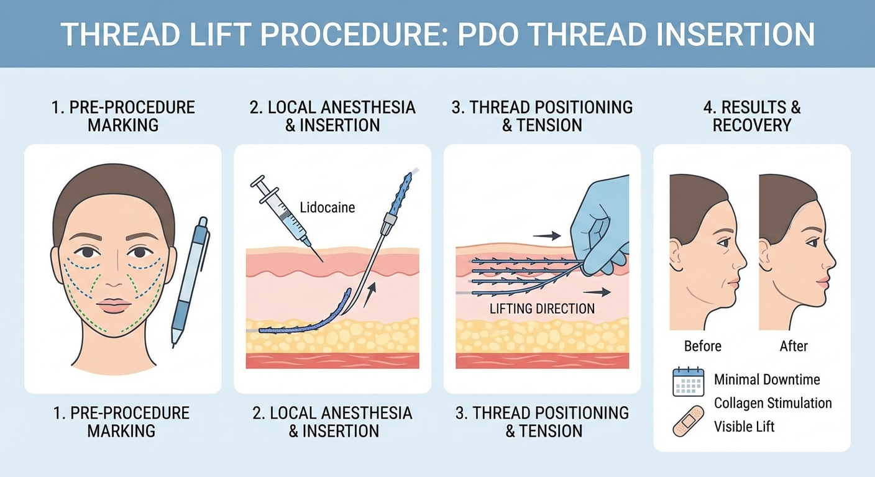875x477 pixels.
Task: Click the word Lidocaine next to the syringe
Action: coord(327,207)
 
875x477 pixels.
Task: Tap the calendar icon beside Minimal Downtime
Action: coord(688,381)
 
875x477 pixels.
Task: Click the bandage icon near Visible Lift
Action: coord(688,420)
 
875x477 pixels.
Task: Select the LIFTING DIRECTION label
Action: coord(542,309)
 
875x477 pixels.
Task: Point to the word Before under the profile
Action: coord(702,346)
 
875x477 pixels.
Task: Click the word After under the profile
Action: coord(794,346)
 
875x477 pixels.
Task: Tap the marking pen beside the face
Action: coord(190,279)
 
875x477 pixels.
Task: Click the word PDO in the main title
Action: coord(490,35)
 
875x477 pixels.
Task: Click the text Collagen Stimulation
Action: coord(772,403)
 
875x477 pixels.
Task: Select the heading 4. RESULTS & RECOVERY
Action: coord(751,116)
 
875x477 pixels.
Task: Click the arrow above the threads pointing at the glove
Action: coord(547,235)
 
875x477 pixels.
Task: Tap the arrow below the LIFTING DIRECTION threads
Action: coord(597,291)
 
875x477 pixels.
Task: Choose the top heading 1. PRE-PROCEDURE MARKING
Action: coord(123,116)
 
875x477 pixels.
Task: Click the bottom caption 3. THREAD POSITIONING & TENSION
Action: coord(542,422)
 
